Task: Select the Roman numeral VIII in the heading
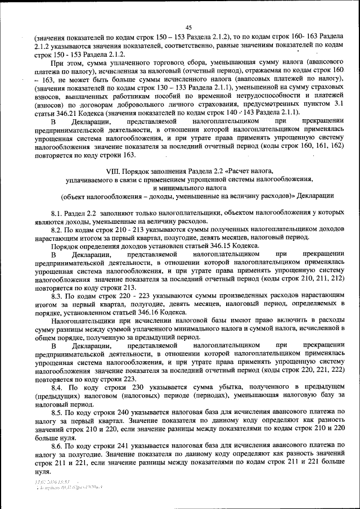pos(114,170)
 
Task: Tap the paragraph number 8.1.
pos(58,214)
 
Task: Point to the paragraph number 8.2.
pos(58,231)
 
